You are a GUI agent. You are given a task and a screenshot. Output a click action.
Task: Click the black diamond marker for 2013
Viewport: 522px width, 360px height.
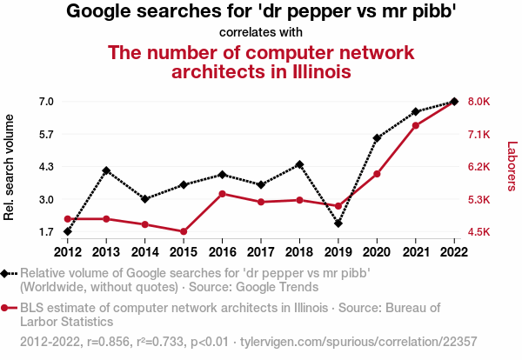click(x=106, y=170)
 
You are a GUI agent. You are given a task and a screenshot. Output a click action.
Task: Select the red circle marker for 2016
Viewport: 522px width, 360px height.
click(x=222, y=193)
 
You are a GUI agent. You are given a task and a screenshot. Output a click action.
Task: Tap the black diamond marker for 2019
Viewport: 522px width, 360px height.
click(x=338, y=223)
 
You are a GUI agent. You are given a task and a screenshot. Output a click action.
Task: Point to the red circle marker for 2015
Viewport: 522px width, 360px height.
click(x=184, y=231)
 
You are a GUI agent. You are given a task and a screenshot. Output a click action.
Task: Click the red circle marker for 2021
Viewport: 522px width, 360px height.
click(x=416, y=126)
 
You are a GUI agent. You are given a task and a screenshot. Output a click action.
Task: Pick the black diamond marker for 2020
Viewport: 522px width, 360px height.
click(x=377, y=138)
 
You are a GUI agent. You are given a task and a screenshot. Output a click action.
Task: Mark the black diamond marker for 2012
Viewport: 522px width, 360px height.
click(x=67, y=231)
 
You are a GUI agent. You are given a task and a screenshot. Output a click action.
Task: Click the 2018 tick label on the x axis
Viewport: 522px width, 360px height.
click(x=299, y=252)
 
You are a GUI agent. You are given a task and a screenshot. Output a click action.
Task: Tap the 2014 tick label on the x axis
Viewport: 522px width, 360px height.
click(x=144, y=252)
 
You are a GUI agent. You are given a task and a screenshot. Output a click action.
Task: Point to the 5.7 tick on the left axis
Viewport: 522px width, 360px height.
click(x=47, y=134)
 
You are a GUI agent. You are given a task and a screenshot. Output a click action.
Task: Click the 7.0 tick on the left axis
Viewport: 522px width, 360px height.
click(x=47, y=102)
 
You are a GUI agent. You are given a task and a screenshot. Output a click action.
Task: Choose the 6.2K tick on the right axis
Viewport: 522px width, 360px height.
click(x=479, y=167)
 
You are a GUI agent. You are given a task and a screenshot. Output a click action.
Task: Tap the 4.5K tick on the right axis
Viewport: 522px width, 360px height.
click(x=479, y=232)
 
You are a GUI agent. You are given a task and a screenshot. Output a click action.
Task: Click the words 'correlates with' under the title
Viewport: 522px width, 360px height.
click(x=261, y=32)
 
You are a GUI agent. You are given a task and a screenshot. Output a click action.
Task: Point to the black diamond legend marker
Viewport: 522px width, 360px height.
click(x=7, y=273)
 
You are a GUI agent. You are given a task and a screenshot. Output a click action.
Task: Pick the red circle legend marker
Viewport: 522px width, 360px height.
click(x=7, y=308)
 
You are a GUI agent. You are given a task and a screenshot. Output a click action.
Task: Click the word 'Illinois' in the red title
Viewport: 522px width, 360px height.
click(x=316, y=71)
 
